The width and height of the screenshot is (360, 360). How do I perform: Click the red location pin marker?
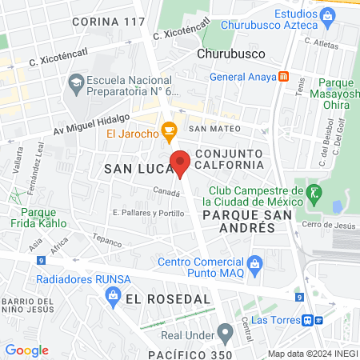[181, 162]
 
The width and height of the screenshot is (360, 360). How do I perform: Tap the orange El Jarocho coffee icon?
[168, 130]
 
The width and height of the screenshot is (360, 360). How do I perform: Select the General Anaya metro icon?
[283, 77]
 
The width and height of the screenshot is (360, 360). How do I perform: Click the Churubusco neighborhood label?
[230, 54]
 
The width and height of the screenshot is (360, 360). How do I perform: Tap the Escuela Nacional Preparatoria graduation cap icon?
[76, 82]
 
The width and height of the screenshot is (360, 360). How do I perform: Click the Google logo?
[26, 350]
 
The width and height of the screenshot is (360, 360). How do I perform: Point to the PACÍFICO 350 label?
[190, 354]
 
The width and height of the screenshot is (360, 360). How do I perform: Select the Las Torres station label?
[276, 320]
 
